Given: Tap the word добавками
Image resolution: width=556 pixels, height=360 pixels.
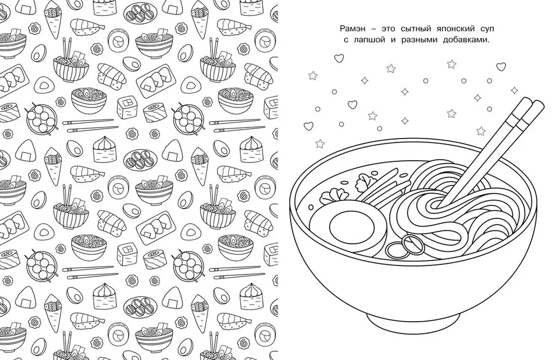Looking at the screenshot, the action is (x=465, y=40).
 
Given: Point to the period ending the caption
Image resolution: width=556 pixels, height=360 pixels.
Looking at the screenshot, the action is (x=489, y=42).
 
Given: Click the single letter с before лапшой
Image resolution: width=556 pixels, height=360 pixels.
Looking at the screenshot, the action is (x=346, y=41).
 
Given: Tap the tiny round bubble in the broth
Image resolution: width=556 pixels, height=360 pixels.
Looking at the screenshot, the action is (x=311, y=207).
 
